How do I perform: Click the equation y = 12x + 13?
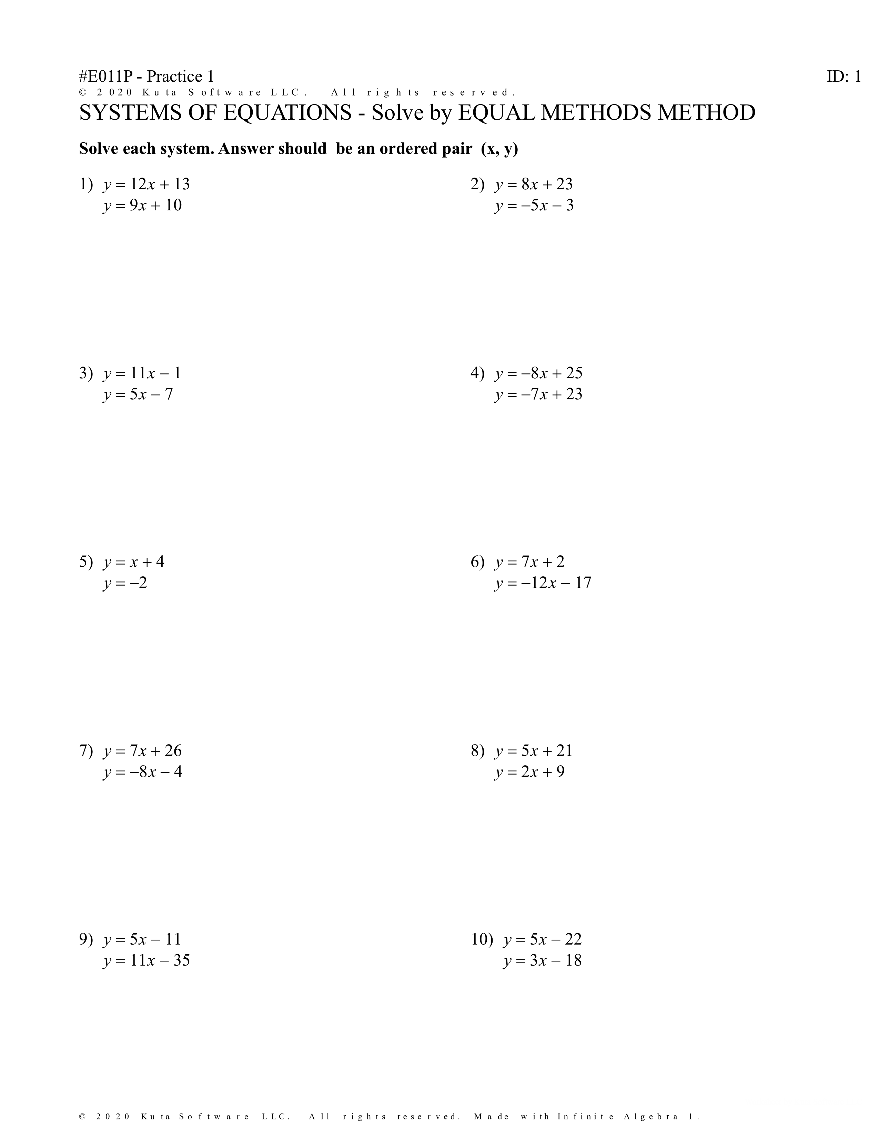pos(146,184)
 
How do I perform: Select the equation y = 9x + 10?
pos(142,205)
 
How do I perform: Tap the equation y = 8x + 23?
pos(534,184)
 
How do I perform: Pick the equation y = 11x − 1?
pos(142,373)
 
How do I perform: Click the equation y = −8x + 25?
pos(538,373)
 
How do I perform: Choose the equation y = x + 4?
pos(134,562)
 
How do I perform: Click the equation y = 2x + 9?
pos(529,772)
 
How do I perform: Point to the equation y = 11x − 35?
pos(146,960)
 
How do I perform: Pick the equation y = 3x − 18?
pos(542,960)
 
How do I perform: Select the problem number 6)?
pos(477,562)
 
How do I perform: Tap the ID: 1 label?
pos(843,77)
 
